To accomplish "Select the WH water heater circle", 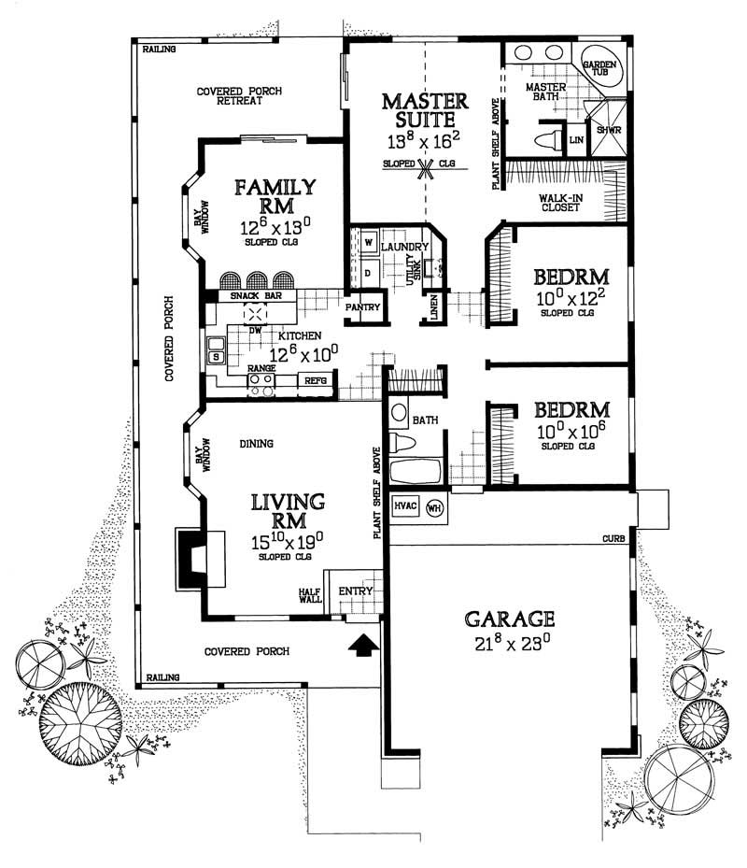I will tap(434, 507).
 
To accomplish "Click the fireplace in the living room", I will tap(198, 558).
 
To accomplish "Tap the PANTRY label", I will tap(359, 306).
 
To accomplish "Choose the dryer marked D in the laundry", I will tap(368, 273).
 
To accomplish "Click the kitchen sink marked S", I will tap(216, 356).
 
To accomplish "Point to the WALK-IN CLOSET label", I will tap(560, 202).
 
